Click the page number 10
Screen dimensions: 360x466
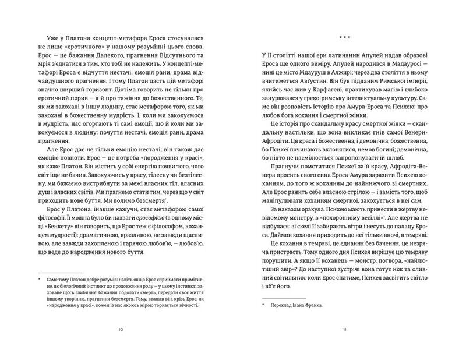(x=121, y=329)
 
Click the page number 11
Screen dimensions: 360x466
(x=345, y=329)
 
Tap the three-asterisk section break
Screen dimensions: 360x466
(x=344, y=38)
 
